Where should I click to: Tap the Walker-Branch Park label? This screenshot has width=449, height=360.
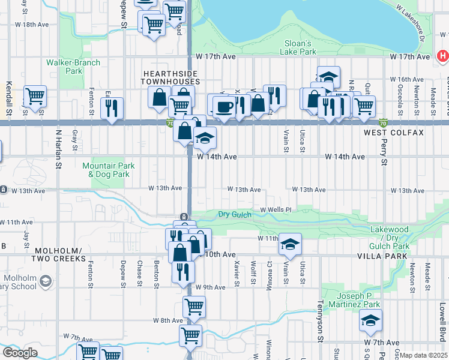[65, 66]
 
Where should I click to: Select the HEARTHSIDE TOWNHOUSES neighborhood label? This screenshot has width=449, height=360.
[170, 77]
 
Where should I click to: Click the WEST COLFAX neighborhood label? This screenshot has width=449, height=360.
[393, 132]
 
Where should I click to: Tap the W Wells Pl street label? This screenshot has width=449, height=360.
[276, 209]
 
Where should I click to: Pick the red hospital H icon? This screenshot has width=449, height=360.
[443, 56]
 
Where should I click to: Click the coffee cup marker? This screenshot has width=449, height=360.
[224, 107]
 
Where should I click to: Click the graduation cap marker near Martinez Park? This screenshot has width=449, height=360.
[371, 320]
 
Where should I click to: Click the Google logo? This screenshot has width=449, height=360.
[20, 353]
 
